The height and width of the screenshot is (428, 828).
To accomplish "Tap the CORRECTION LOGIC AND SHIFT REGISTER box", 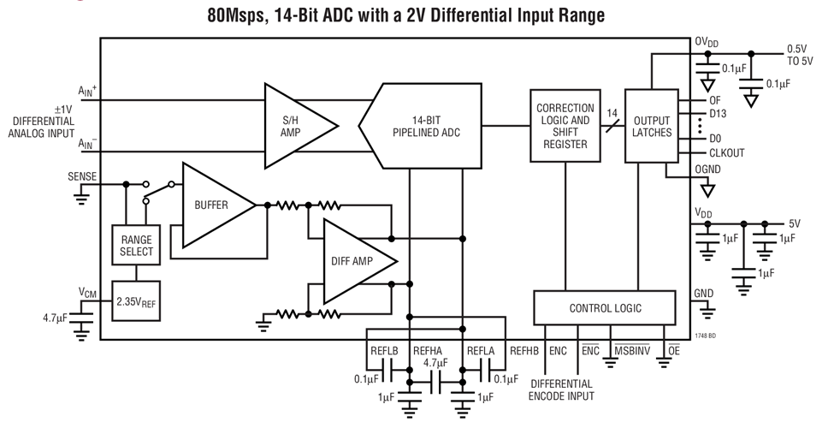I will (x=564, y=126).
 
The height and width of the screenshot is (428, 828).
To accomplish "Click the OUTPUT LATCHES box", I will (x=651, y=126).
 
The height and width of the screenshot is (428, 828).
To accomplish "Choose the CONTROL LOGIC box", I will (x=605, y=307).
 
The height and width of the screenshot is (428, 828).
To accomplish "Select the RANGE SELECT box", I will (x=136, y=246).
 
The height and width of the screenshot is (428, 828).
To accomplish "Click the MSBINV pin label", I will (x=631, y=351).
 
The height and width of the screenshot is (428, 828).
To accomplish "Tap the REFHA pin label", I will (x=428, y=351).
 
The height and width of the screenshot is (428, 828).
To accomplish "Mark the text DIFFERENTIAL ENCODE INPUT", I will (x=561, y=389).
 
